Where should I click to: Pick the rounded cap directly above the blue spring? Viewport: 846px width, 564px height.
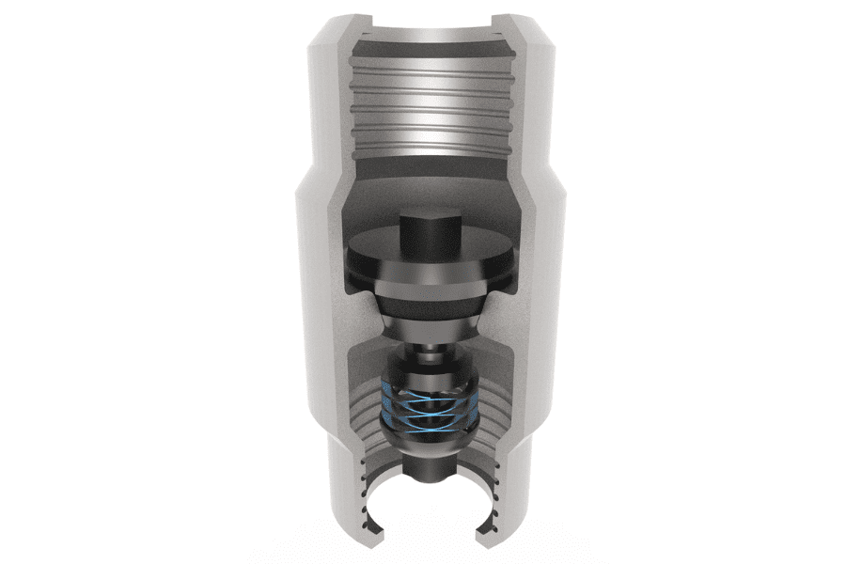(x=429, y=371)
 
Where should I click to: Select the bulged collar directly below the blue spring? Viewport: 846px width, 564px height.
(x=429, y=434)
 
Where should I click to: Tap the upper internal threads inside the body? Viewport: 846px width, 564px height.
(x=429, y=103)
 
